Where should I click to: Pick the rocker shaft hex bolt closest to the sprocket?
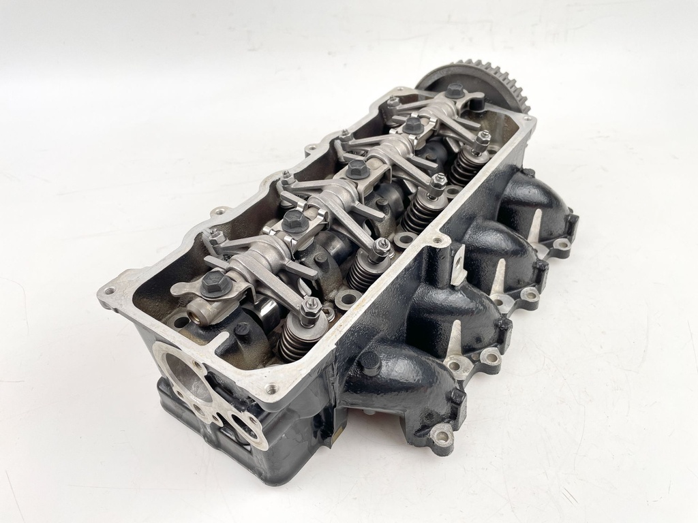tap(455, 91)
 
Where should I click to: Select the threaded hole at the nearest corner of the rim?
tap(272, 389)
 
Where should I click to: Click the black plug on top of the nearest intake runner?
tap(370, 364)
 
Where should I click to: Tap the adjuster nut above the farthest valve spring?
tap(483, 140)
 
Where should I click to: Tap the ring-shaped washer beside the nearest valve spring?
tap(348, 298)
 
